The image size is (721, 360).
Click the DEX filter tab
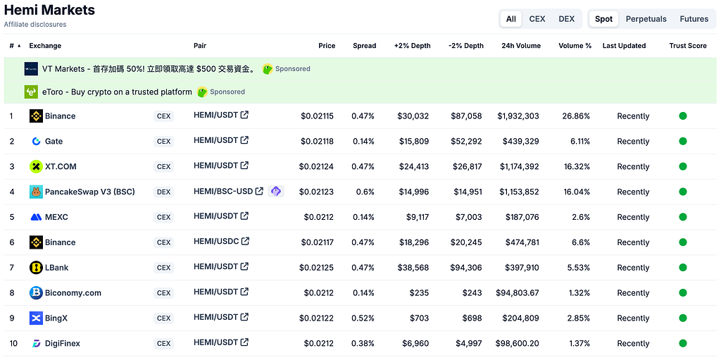566,19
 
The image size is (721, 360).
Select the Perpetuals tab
646,19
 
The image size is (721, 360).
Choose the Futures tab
694,19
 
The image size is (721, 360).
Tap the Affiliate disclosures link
35,25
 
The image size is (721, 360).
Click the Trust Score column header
688,46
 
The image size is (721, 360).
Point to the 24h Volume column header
521,46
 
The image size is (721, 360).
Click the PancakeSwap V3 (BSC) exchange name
89,192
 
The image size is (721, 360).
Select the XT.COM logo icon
36,166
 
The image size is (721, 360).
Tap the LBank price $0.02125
316,268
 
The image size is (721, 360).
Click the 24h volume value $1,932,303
518,116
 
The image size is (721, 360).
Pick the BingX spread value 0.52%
363,318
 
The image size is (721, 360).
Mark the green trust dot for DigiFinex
683,343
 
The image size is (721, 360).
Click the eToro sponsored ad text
117,92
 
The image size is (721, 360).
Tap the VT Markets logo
31,69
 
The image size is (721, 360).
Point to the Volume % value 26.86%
576,116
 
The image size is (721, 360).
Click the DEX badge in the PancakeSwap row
163,192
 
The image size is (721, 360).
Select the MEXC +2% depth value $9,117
418,217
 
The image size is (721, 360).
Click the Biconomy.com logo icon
36,293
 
